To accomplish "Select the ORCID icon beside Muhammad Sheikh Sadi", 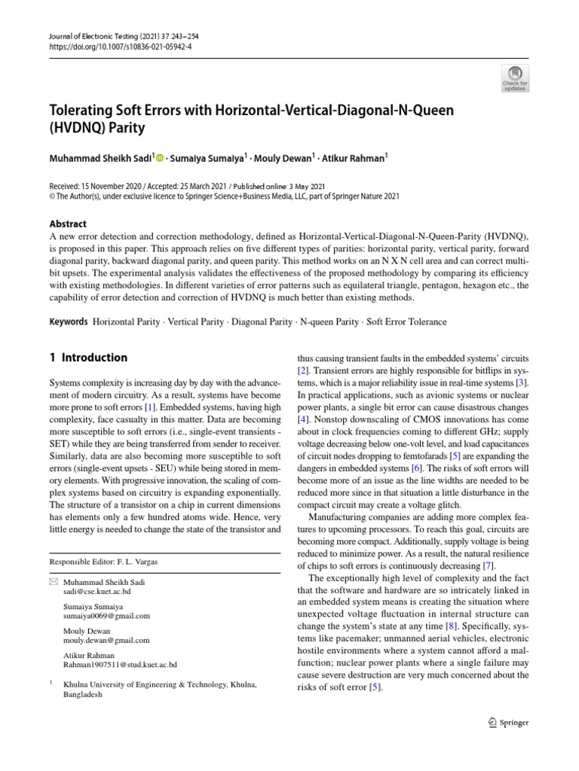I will pyautogui.click(x=160, y=158).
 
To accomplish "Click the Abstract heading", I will pyautogui.click(x=68, y=224).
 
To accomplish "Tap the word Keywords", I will pyautogui.click(x=69, y=322).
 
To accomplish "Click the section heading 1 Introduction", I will pyautogui.click(x=88, y=358).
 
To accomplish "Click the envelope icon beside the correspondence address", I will pyautogui.click(x=52, y=583).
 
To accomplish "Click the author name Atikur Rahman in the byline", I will pyautogui.click(x=352, y=158).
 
